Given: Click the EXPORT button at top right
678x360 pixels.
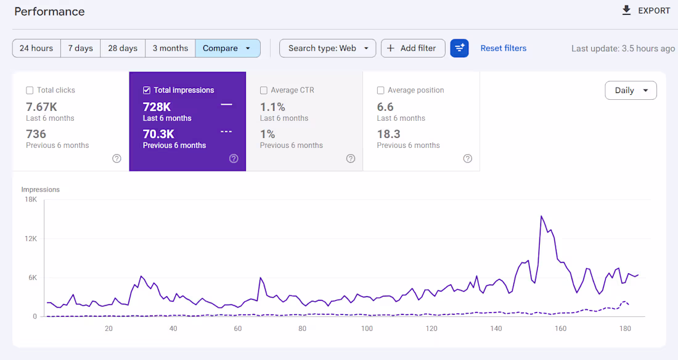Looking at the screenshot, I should tap(645, 10).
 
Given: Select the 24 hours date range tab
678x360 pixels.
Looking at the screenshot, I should tap(36, 48).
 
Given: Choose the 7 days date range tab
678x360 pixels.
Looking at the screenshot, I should tap(81, 48).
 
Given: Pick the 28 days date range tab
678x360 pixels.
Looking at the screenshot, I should tap(123, 48).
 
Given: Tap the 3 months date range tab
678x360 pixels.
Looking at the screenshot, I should tap(170, 48).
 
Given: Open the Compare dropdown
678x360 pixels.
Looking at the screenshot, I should tap(227, 48).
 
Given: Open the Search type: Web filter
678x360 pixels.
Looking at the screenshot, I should tap(327, 48).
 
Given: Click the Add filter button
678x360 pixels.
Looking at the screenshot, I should tap(412, 48).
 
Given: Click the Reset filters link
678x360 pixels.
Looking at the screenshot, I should tap(503, 48).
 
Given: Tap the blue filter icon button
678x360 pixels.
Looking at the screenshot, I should tap(459, 48).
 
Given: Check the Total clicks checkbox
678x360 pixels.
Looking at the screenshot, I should tap(30, 91).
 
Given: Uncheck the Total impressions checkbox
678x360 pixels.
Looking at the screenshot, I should tap(147, 91).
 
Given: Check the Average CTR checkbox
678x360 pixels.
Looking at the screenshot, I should tap(264, 91).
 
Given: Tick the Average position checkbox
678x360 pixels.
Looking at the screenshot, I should tap(380, 91).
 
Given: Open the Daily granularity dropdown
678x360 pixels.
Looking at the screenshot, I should tap(631, 91).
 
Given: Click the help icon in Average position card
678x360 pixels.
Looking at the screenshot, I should tap(467, 158).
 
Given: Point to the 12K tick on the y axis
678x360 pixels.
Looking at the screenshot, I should tap(30, 239).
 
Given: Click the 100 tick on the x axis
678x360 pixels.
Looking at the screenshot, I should tap(367, 329).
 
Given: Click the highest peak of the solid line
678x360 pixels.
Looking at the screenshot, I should tap(541, 216).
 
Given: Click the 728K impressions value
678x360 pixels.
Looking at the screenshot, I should tap(157, 107).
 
